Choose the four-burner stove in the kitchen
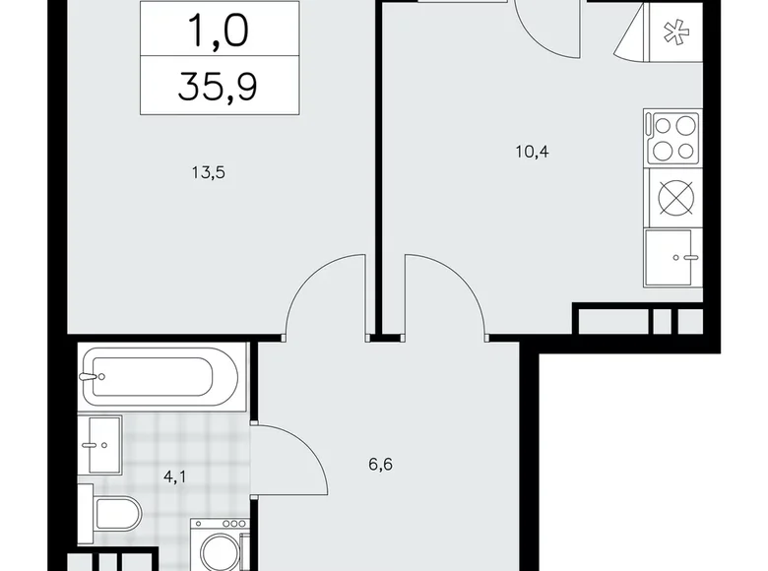[672, 137]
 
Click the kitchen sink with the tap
[672, 257]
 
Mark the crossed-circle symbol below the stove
[672, 197]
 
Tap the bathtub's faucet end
[94, 375]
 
